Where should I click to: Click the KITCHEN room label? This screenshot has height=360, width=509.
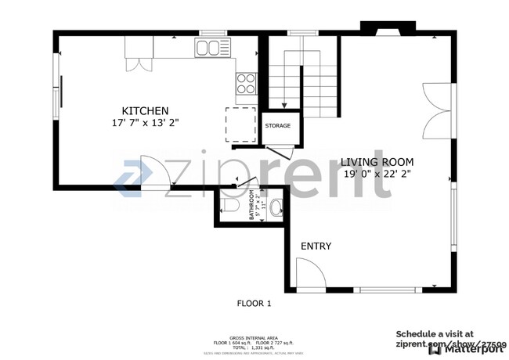coord(145,110)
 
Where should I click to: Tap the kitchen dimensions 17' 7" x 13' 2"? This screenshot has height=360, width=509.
coord(145,123)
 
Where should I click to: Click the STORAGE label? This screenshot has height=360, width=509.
coord(277,125)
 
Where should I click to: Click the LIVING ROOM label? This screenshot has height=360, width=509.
coord(377,162)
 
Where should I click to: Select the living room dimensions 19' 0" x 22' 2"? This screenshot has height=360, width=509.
coord(377,174)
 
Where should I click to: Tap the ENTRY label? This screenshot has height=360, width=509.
coord(316,247)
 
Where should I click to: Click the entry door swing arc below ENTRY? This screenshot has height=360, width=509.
coord(309,275)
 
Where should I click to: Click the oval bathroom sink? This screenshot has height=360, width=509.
coord(276,208)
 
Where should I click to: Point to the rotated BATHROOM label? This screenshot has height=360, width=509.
coord(252,205)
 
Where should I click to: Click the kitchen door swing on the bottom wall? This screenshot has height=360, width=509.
coord(154,171)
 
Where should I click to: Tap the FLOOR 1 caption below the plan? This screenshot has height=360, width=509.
coord(254,303)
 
